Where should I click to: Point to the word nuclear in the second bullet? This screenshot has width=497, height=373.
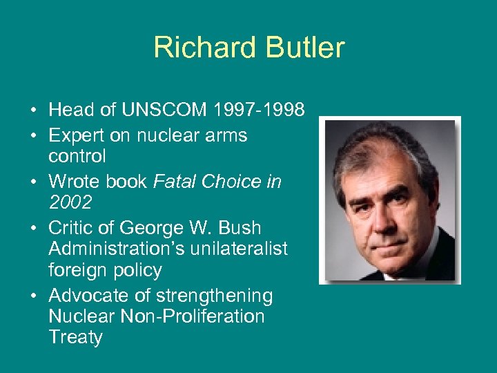click(160, 135)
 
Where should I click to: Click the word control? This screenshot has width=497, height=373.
click(77, 156)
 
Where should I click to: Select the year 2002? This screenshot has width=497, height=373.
click(71, 202)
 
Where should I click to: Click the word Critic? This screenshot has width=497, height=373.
click(75, 228)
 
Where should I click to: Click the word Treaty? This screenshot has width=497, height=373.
click(75, 337)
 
